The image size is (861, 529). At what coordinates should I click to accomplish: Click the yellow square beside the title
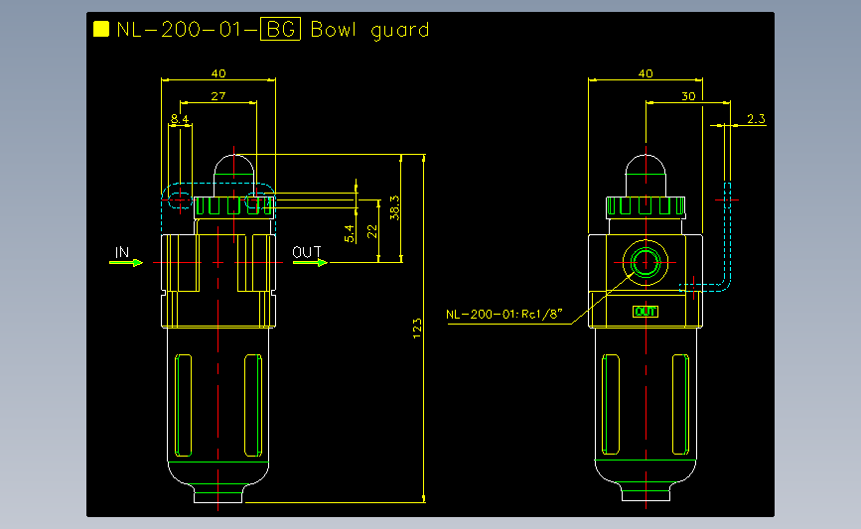pyautogui.click(x=100, y=29)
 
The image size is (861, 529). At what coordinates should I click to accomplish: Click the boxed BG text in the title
pyautogui.click(x=279, y=30)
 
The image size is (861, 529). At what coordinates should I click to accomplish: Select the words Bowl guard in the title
pyautogui.click(x=369, y=30)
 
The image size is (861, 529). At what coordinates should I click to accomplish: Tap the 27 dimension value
pyautogui.click(x=218, y=95)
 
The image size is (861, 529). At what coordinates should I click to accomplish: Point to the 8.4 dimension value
pyautogui.click(x=180, y=119)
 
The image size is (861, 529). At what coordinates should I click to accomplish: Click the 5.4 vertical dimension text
pyautogui.click(x=349, y=234)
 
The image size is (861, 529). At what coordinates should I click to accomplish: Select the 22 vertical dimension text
pyautogui.click(x=371, y=230)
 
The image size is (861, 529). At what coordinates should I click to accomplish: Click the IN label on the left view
pyautogui.click(x=122, y=252)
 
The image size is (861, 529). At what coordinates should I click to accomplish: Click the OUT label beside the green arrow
pyautogui.click(x=307, y=252)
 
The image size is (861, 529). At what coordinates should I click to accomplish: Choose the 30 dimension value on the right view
pyautogui.click(x=688, y=95)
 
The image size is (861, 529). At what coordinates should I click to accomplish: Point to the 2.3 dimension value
pyautogui.click(x=755, y=119)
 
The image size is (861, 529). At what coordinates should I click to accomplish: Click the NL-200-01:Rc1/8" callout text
pyautogui.click(x=504, y=315)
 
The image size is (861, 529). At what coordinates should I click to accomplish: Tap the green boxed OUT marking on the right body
pyautogui.click(x=646, y=312)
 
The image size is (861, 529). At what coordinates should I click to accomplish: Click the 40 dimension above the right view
pyautogui.click(x=646, y=73)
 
